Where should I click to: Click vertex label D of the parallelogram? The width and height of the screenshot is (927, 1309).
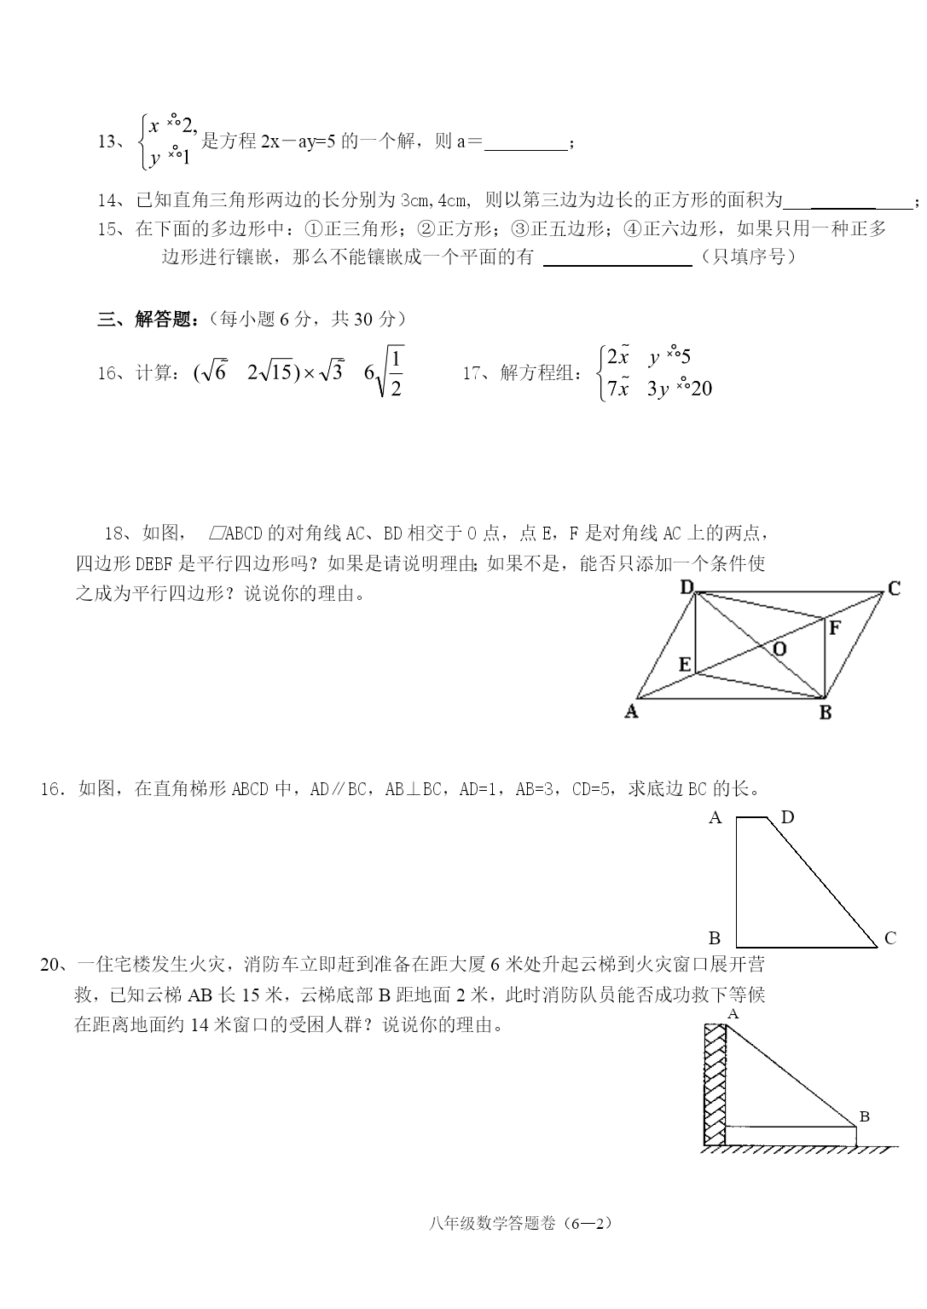687,586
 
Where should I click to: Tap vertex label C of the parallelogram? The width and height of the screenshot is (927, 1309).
894,588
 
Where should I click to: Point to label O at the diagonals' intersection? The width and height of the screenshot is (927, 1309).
779,649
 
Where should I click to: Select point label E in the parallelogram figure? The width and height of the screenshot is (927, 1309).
685,664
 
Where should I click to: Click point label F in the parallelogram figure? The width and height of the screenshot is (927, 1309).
835,628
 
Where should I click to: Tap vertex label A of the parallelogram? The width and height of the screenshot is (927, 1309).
632,712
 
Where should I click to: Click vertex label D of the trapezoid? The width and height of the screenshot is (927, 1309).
787,817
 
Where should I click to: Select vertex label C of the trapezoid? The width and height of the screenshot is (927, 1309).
890,938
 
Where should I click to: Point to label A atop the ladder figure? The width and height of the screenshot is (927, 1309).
733,1013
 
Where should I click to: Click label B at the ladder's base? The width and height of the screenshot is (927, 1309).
864,1116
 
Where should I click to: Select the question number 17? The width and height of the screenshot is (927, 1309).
473,372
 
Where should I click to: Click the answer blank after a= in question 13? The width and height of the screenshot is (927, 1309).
525,143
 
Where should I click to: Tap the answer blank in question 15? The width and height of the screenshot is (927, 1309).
617,258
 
